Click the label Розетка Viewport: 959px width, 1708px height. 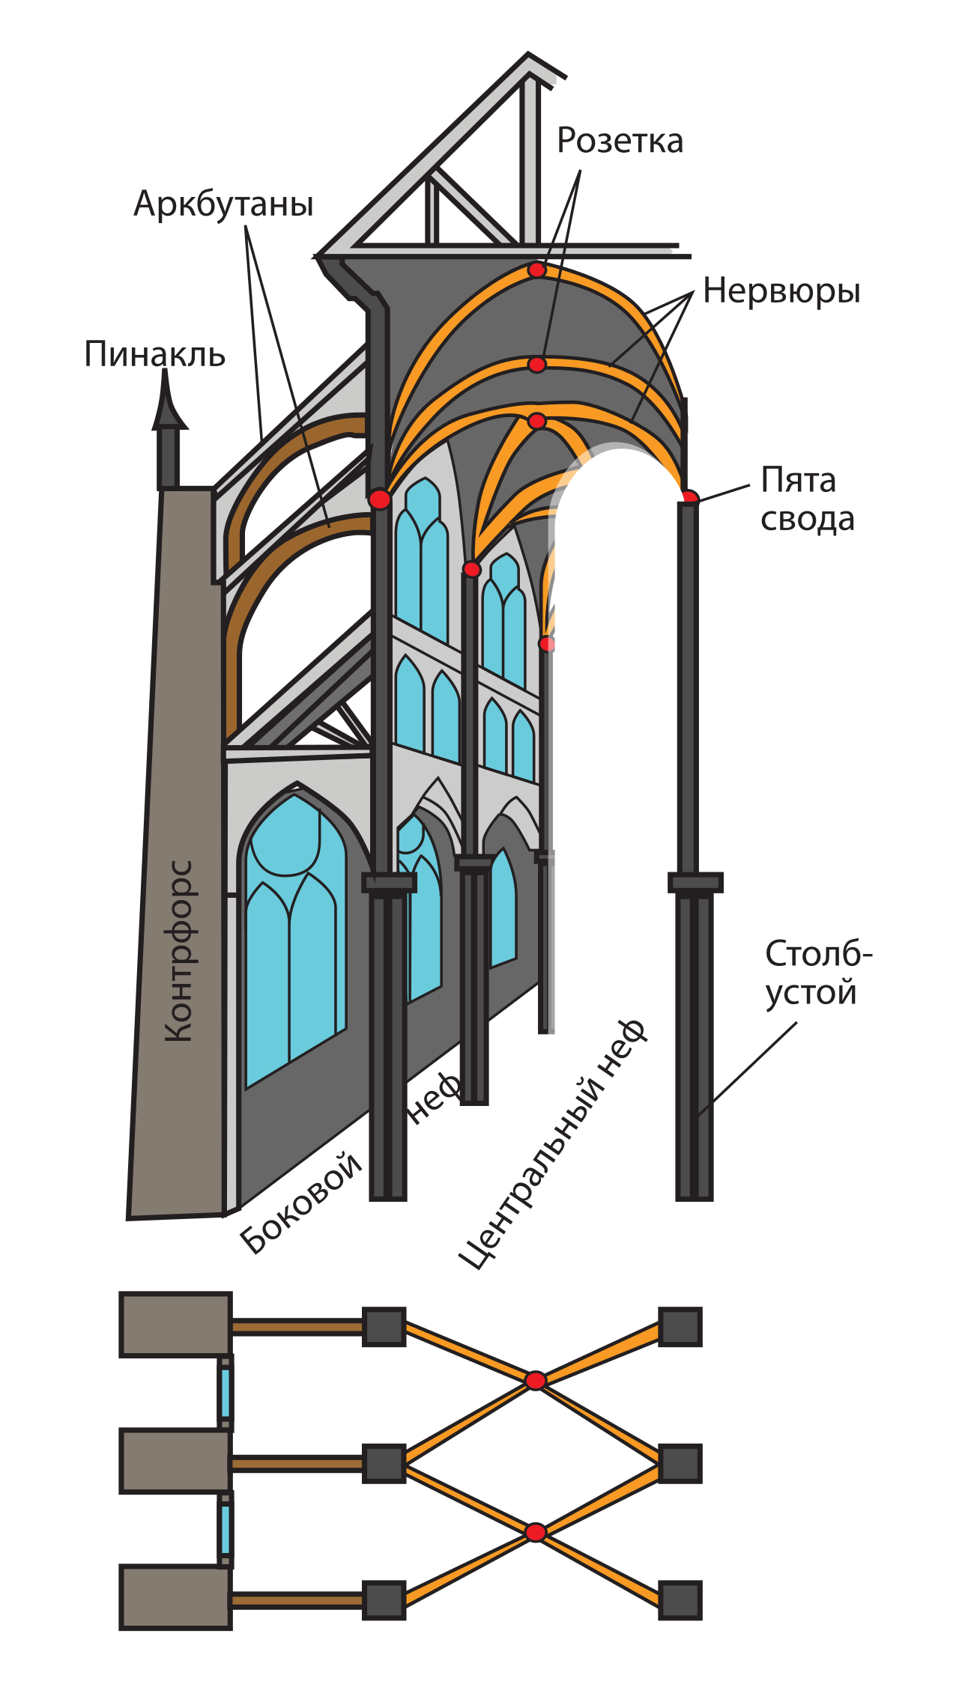(620, 141)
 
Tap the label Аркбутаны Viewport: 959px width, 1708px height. (223, 204)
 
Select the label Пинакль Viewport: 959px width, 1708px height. (154, 354)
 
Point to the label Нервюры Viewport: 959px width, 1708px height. (781, 292)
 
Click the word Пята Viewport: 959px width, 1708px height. (798, 481)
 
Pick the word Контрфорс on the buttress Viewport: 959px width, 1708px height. (179, 951)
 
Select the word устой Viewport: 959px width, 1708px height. (811, 993)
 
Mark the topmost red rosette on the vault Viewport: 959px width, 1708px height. (536, 270)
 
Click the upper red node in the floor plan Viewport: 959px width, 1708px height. (535, 1381)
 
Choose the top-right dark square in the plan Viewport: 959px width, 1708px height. (680, 1327)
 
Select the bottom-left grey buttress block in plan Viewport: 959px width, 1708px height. (175, 1597)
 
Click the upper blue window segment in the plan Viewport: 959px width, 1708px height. (226, 1394)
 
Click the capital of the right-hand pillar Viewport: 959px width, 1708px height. (695, 883)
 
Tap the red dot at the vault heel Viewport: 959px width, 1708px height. (689, 496)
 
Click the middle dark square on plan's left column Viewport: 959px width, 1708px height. (384, 1463)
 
